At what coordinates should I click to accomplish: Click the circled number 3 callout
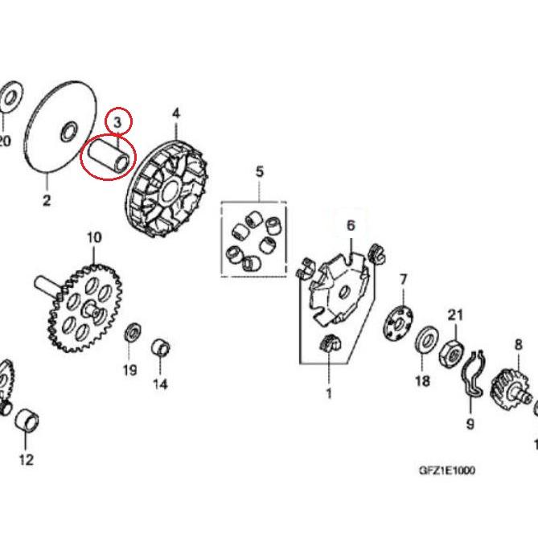[x=117, y=121]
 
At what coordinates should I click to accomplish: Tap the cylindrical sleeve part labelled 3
[x=109, y=157]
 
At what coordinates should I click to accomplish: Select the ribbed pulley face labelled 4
[x=167, y=190]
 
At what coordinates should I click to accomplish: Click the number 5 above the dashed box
[x=260, y=171]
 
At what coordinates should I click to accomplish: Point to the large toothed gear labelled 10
[x=84, y=308]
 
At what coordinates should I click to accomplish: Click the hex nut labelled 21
[x=451, y=353]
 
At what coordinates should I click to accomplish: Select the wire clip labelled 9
[x=473, y=374]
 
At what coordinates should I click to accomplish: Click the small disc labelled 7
[x=398, y=322]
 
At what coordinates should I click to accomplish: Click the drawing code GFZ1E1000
[x=447, y=470]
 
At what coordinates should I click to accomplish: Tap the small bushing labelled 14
[x=161, y=348]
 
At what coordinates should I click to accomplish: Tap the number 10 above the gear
[x=94, y=237]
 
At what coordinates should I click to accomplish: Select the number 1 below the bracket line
[x=329, y=393]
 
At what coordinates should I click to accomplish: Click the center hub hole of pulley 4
[x=170, y=191]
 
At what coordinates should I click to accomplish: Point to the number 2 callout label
[x=47, y=200]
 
